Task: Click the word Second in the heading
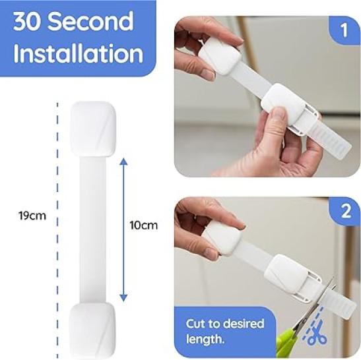(91, 21)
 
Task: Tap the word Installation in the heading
(79, 53)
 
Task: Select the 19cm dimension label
(32, 216)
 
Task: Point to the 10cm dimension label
(144, 225)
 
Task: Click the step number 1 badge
(344, 30)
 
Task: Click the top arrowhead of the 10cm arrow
(124, 162)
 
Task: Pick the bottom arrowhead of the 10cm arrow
(124, 297)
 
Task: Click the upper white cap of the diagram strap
(93, 129)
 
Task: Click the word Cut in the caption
(195, 324)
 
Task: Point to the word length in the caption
(205, 340)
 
